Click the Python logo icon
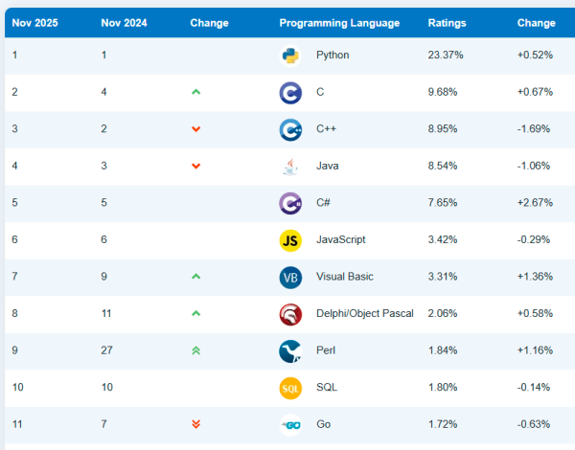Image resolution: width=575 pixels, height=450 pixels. tap(290, 56)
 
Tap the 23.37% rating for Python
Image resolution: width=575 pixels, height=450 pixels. tap(446, 56)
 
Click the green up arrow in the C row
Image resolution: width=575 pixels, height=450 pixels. tap(196, 92)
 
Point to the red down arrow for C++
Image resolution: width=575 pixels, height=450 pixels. tap(196, 129)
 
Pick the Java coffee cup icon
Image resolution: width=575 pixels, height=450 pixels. tap(290, 167)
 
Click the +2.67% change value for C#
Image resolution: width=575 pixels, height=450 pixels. tap(534, 203)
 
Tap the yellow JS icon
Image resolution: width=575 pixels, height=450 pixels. tap(290, 240)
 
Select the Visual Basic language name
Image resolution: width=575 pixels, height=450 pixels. tap(345, 277)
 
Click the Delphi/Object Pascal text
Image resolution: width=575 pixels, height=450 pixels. tap(365, 313)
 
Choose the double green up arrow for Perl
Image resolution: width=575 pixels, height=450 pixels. tap(196, 350)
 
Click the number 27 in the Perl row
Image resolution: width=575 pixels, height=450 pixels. tap(107, 350)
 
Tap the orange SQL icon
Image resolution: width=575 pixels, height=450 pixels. tap(290, 388)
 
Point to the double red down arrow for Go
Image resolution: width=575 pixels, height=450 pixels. tap(196, 424)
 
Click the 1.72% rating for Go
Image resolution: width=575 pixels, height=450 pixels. tap(445, 424)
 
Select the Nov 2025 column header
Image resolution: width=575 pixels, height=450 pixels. tap(34, 23)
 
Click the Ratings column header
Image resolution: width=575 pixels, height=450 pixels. tap(446, 23)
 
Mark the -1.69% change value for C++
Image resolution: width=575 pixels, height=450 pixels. tap(534, 129)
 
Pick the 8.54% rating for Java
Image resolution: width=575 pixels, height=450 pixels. tap(445, 167)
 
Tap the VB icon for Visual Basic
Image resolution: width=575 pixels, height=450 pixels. tap(290, 278)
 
